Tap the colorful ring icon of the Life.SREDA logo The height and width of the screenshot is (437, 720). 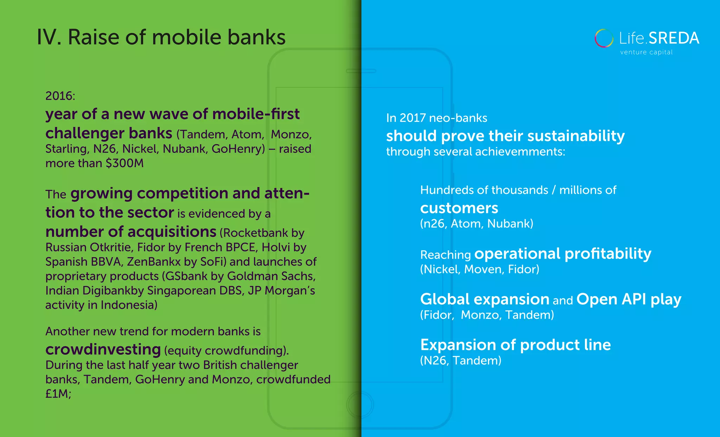(x=604, y=38)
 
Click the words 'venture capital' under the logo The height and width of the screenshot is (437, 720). (x=646, y=52)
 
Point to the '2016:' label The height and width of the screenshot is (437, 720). (x=60, y=96)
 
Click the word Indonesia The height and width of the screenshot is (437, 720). (x=129, y=305)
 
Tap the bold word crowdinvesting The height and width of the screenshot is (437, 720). (x=103, y=349)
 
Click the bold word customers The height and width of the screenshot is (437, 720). (x=459, y=208)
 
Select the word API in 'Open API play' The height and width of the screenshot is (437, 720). (x=634, y=299)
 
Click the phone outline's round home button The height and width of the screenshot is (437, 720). (x=360, y=405)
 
